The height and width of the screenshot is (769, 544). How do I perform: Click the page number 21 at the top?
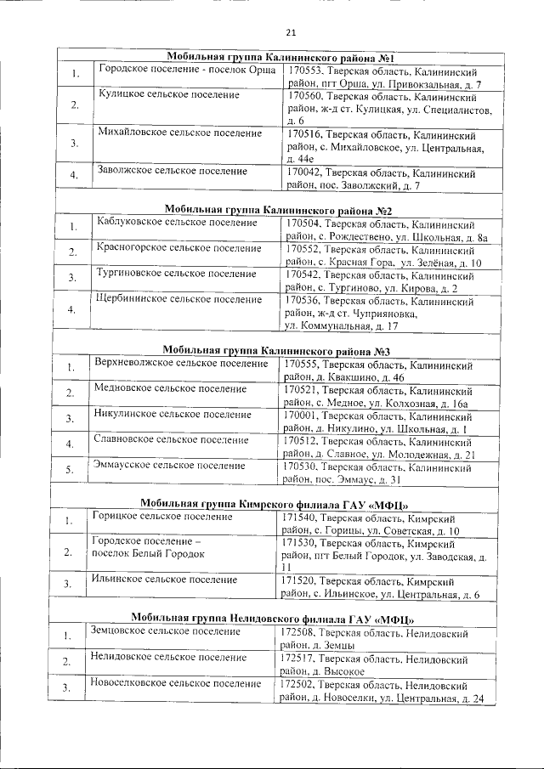pyautogui.click(x=291, y=33)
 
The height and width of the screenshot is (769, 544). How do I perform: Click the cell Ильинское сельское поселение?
pyautogui.click(x=164, y=580)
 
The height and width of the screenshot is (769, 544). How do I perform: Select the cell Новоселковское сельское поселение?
pyautogui.click(x=176, y=683)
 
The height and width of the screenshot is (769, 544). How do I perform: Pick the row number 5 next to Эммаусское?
pyautogui.click(x=70, y=470)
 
